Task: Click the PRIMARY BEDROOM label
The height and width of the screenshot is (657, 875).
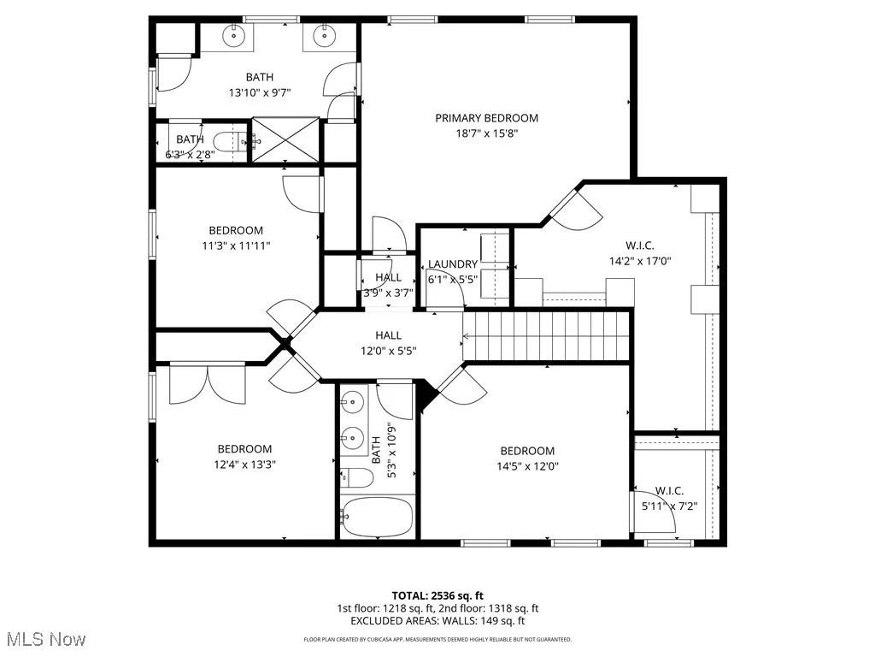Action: pyautogui.click(x=486, y=118)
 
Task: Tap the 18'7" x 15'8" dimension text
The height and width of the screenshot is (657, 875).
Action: pyautogui.click(x=486, y=133)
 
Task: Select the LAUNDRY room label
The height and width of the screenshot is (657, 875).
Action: pyautogui.click(x=453, y=264)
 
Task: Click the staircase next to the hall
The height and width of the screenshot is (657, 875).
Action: pyautogui.click(x=547, y=335)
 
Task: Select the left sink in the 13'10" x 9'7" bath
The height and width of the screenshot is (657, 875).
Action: pyautogui.click(x=234, y=37)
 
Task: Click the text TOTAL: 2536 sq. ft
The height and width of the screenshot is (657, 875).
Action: pyautogui.click(x=437, y=595)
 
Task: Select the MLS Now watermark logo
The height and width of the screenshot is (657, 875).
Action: pyautogui.click(x=45, y=639)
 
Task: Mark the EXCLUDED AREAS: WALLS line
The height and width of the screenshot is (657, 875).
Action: pyautogui.click(x=437, y=622)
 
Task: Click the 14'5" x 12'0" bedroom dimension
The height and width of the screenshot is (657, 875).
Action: pyautogui.click(x=527, y=466)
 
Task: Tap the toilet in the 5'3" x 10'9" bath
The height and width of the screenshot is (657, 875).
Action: pyautogui.click(x=357, y=477)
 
